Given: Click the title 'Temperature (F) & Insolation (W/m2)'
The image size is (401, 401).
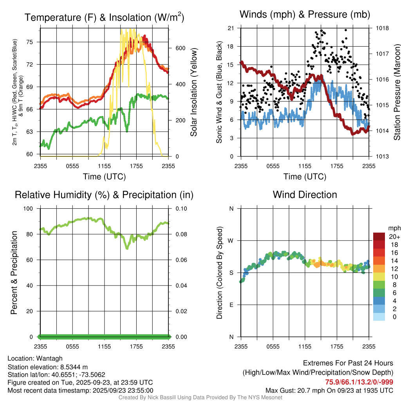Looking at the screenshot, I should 104,17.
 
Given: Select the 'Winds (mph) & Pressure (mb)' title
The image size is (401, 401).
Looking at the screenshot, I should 305,14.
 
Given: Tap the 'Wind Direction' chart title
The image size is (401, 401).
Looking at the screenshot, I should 305,195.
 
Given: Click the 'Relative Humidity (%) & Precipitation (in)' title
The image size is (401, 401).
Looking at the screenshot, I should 104,195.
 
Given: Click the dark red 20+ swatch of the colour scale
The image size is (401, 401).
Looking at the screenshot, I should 379,236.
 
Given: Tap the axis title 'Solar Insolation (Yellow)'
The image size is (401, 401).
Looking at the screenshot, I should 193,92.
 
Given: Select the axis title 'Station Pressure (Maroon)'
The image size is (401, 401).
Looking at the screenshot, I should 397,92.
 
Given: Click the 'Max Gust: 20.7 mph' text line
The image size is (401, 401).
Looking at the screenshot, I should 329,390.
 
